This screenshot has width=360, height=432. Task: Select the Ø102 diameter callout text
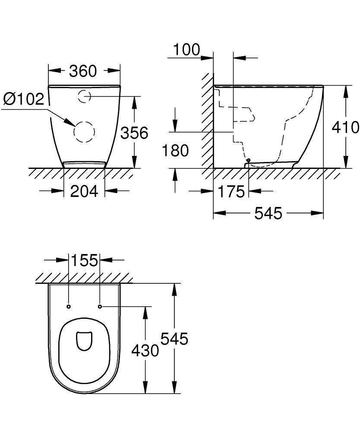tap(24, 99)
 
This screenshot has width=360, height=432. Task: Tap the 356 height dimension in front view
tap(134, 133)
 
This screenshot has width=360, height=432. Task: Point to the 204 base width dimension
tap(84, 191)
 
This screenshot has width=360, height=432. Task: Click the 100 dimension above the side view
tap(186, 50)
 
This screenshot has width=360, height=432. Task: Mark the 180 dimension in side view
tap(175, 151)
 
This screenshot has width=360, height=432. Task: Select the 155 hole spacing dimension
tap(84, 260)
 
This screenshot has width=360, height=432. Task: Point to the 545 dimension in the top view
tap(174, 339)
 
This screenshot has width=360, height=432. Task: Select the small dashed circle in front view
tap(84, 96)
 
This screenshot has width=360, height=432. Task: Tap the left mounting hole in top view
tap(69, 307)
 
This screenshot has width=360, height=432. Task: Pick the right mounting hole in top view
tap(100, 307)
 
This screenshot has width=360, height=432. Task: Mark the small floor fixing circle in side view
tap(248, 160)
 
